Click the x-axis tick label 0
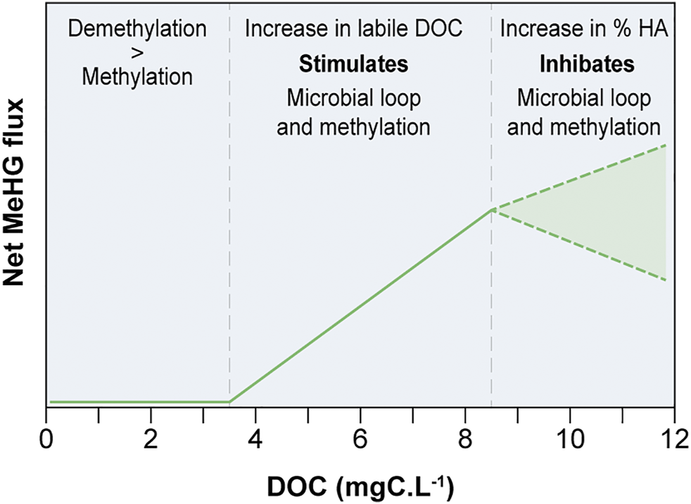(46, 445)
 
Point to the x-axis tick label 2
(150, 445)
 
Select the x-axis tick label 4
(255, 445)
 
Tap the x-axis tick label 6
(360, 445)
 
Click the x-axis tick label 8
(465, 445)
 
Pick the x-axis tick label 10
(569, 445)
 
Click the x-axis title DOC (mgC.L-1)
(360, 485)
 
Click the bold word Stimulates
(354, 64)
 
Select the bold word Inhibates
(587, 64)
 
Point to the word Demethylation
(137, 30)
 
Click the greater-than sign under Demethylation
(137, 52)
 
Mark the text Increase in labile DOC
(354, 30)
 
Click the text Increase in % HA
(584, 30)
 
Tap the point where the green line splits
(491, 210)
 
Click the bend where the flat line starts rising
(230, 402)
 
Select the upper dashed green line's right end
(665, 145)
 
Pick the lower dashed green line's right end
(665, 280)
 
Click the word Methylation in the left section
(137, 76)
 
